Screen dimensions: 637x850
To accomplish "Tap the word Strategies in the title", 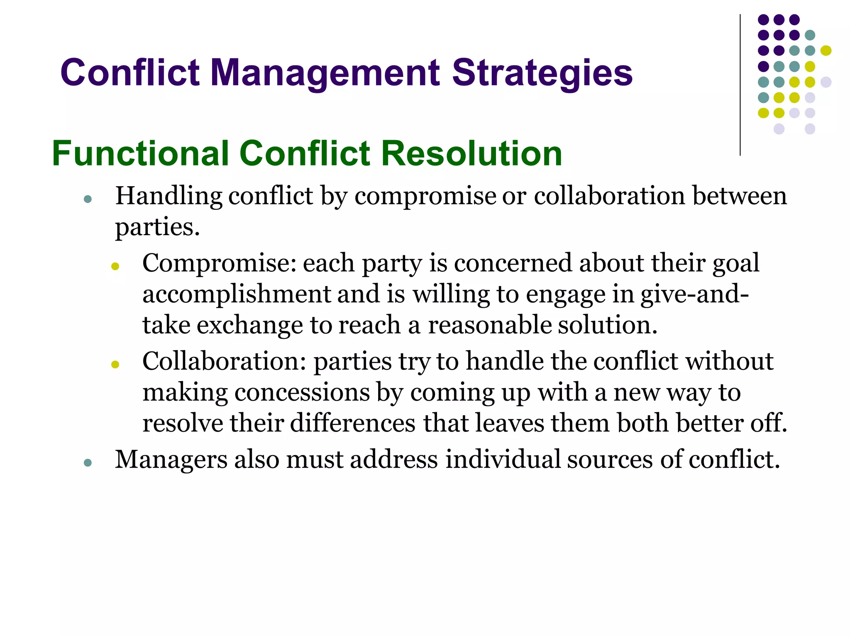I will (x=542, y=73).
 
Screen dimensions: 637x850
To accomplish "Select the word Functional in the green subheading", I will (x=141, y=153).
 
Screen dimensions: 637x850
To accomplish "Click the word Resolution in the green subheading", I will (x=471, y=153).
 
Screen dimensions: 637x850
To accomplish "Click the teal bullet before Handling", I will (x=88, y=199).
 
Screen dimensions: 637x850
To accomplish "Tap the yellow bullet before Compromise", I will (x=115, y=266).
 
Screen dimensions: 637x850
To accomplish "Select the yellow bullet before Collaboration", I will (x=115, y=365).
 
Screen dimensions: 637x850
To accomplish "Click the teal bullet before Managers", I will (x=88, y=462).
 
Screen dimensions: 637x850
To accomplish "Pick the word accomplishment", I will (x=237, y=294).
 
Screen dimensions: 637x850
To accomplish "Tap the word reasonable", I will (x=489, y=325).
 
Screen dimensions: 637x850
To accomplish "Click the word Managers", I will (x=171, y=460).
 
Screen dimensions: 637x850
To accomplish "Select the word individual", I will (x=503, y=460).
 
